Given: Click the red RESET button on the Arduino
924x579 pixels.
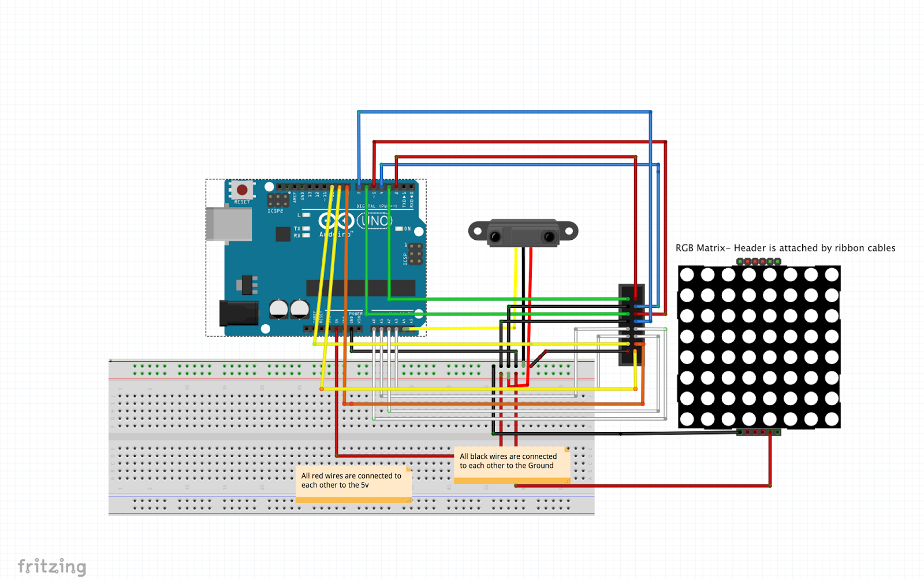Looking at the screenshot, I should point(242,190).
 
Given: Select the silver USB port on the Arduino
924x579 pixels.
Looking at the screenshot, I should point(229,224).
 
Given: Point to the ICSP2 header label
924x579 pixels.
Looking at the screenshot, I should point(275,211).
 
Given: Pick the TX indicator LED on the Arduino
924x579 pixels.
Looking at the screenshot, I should point(307,229).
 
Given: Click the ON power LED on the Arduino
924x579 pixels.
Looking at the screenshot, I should point(399,229).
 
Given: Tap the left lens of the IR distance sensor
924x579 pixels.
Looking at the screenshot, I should point(495,236).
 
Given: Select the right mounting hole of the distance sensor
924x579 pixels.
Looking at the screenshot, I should point(568,231).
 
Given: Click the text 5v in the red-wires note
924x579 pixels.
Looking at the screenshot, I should point(364,485).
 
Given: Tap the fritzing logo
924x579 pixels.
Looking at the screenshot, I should point(52,566).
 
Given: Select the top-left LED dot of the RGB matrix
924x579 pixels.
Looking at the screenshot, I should point(687,274).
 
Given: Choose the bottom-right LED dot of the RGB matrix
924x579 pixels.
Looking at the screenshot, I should point(832,420).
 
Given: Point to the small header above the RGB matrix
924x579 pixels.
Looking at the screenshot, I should point(759,262).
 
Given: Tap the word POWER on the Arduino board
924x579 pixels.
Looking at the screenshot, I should point(356,314).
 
